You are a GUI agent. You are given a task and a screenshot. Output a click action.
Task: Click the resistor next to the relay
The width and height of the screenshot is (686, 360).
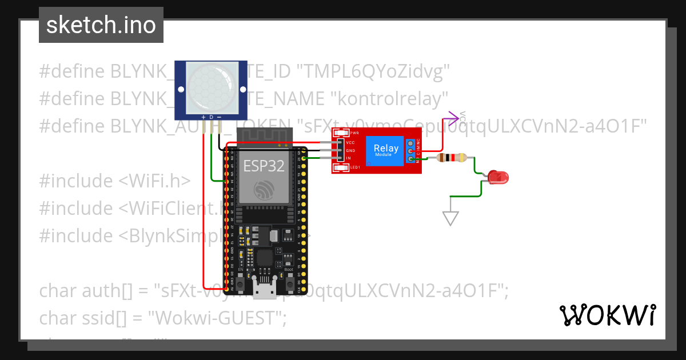(452, 158)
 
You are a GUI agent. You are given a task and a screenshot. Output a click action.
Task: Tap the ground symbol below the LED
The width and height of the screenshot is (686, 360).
(450, 217)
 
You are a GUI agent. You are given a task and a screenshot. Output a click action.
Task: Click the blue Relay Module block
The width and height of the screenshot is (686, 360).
(386, 151)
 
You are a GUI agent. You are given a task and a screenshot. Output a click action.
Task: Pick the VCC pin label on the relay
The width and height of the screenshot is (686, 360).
(350, 142)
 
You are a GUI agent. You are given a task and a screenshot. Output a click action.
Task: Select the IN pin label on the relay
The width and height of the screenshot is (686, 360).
(348, 158)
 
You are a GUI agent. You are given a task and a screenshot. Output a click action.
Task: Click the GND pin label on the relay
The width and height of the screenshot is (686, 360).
(350, 150)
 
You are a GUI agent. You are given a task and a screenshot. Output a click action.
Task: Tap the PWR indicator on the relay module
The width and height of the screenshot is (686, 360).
(342, 133)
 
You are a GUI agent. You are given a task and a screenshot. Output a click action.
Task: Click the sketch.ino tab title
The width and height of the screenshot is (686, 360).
(101, 25)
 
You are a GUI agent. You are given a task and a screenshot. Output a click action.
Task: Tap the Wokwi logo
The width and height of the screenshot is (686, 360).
(607, 315)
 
